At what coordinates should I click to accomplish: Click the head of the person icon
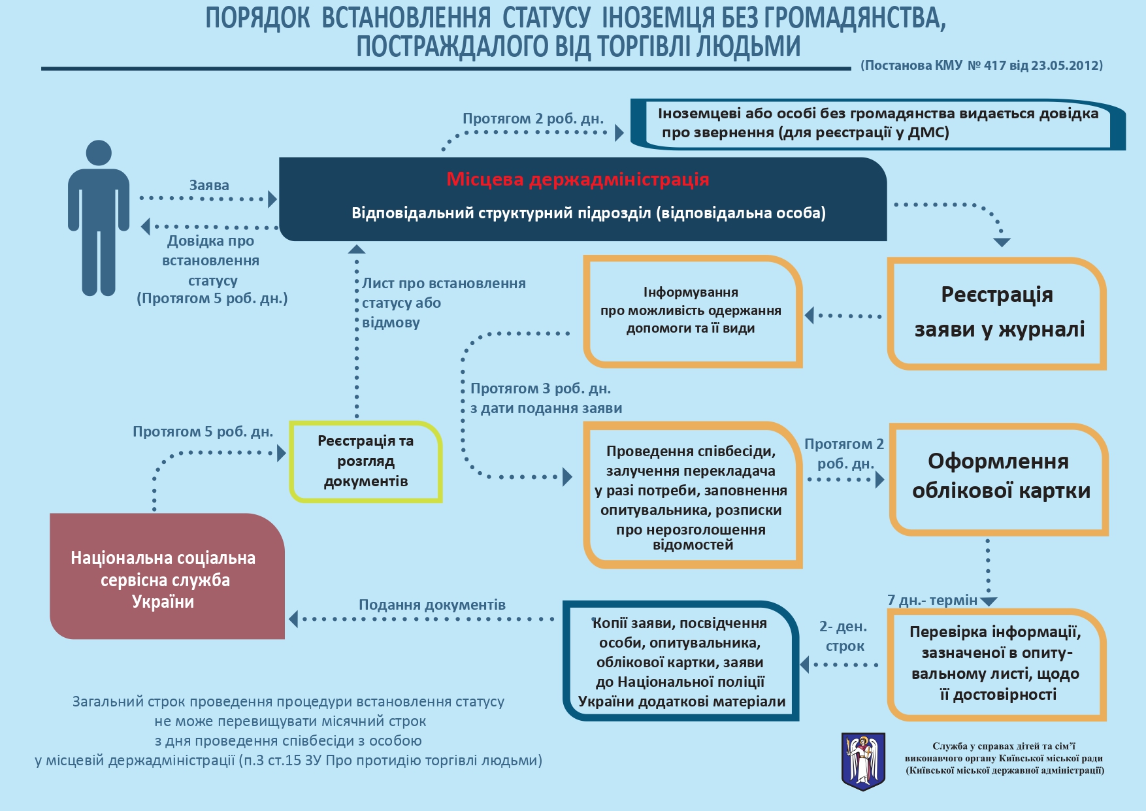(99, 153)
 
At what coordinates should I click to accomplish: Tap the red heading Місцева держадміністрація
(578, 180)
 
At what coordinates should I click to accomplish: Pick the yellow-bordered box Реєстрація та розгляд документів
(366, 461)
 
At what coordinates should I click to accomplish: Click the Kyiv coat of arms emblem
(863, 760)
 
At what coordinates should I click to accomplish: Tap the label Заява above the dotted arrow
(209, 186)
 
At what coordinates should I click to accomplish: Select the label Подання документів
(432, 605)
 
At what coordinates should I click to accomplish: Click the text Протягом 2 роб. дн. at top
(533, 119)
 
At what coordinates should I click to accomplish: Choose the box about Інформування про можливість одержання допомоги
(691, 311)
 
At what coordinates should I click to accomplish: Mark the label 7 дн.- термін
(932, 601)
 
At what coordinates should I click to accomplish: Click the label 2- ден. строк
(843, 637)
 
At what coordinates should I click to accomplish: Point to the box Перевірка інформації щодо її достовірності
(996, 663)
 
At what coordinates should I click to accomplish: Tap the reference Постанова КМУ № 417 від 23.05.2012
(981, 65)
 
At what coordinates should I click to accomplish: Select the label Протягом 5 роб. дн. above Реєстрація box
(203, 432)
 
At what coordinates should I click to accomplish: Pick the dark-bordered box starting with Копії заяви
(681, 661)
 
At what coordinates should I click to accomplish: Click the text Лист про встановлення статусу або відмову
(444, 303)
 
